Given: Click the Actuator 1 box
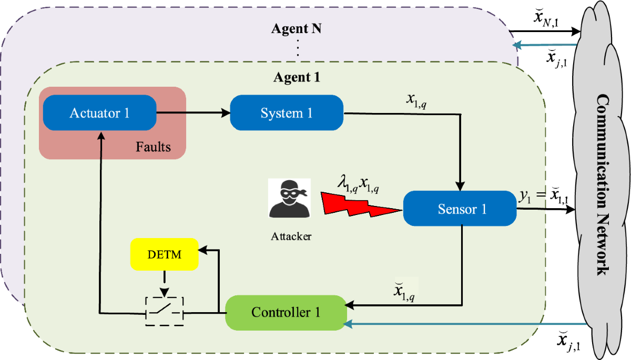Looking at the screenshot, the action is pyautogui.click(x=100, y=112).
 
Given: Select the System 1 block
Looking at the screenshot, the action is pyautogui.click(x=287, y=112).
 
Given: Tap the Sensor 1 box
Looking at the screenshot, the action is pyautogui.click(x=460, y=209).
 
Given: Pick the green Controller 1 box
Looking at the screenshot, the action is pyautogui.click(x=286, y=313).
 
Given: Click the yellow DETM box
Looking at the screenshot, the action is pyautogui.click(x=165, y=254).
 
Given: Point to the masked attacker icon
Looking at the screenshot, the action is pyautogui.click(x=289, y=198).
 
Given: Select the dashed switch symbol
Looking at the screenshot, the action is pyautogui.click(x=165, y=311).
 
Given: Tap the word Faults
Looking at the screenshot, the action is pyautogui.click(x=153, y=147).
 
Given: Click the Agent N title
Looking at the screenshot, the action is pyautogui.click(x=297, y=28).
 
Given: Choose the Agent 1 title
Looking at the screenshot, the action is pyautogui.click(x=297, y=77).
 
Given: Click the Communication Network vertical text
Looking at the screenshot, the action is pyautogui.click(x=604, y=185).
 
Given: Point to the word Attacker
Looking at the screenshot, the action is pyautogui.click(x=291, y=236).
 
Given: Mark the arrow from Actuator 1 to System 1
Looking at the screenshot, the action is pyautogui.click(x=194, y=113).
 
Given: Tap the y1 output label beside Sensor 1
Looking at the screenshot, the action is pyautogui.click(x=544, y=195).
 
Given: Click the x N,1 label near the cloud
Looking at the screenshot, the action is pyautogui.click(x=546, y=18).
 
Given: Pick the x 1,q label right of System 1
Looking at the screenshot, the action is pyautogui.click(x=416, y=101).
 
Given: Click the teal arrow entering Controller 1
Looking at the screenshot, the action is pyautogui.click(x=465, y=324).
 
